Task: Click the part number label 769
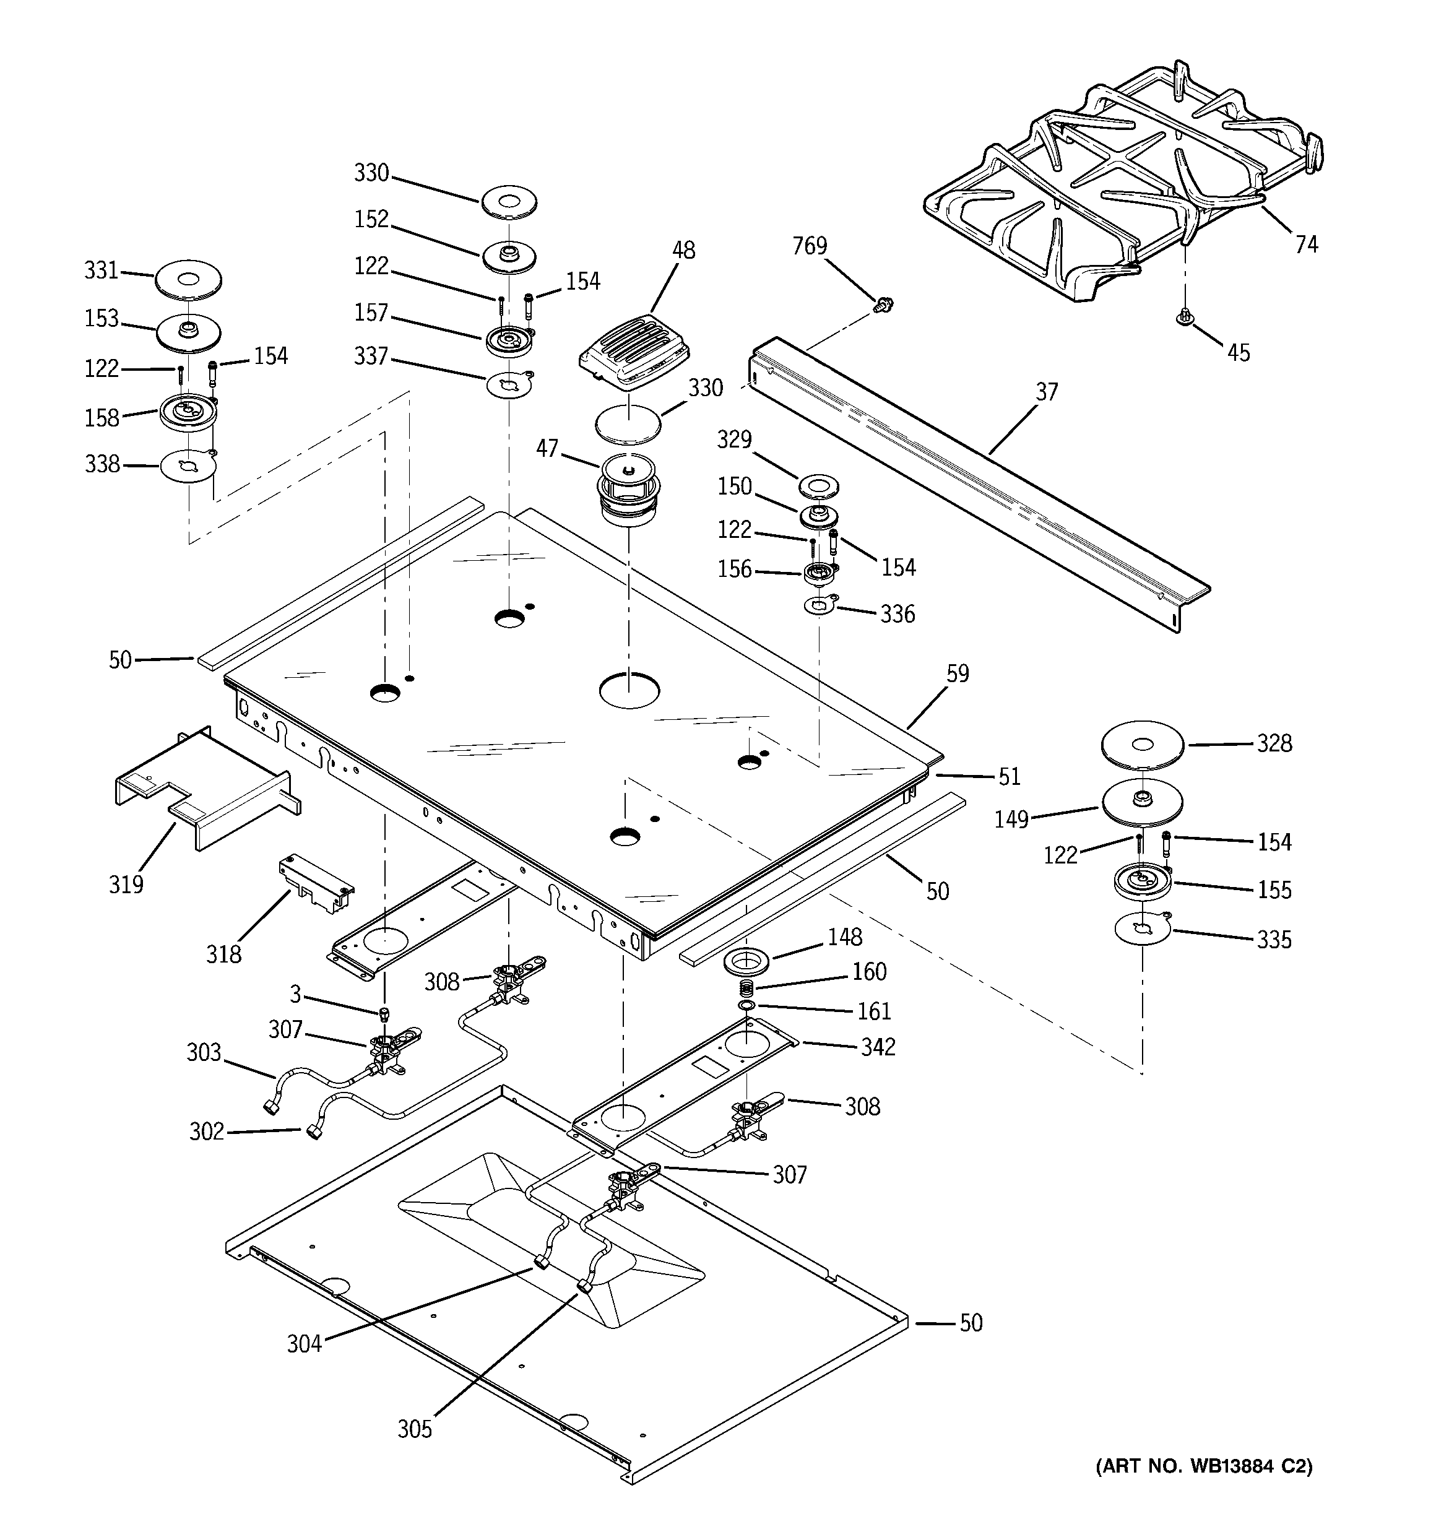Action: (x=810, y=246)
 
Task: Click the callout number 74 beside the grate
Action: (x=1307, y=245)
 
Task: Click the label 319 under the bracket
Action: (x=126, y=884)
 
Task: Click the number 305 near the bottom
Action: (x=415, y=1429)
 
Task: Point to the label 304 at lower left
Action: (x=305, y=1344)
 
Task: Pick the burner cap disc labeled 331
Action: (x=188, y=279)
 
